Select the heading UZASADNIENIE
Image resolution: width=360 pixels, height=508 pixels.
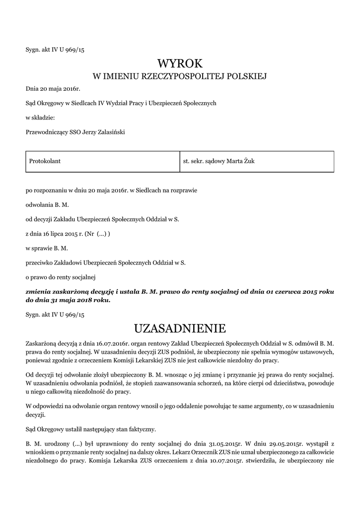(180, 328)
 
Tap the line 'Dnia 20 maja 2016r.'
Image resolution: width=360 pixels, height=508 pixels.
(53, 89)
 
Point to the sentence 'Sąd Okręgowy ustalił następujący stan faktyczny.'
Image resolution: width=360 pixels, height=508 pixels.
(94, 427)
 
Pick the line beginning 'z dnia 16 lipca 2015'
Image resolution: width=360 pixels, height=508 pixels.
(68, 233)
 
